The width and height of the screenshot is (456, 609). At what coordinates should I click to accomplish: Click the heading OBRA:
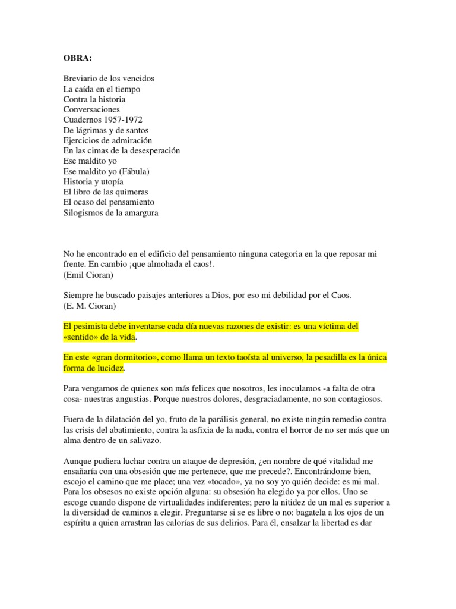(x=78, y=58)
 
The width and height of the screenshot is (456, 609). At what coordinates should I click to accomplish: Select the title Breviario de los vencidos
(x=109, y=79)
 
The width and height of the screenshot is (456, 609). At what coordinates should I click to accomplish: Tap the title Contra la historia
(x=94, y=99)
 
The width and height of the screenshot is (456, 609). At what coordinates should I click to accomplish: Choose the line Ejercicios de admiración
(x=107, y=140)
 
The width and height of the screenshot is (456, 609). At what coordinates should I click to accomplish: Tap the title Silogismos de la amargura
(x=111, y=212)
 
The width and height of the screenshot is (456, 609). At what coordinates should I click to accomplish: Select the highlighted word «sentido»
(x=83, y=337)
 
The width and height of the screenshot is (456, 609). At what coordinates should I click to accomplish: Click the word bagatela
(x=297, y=512)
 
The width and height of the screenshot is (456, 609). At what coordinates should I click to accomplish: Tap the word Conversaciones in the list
(x=91, y=109)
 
